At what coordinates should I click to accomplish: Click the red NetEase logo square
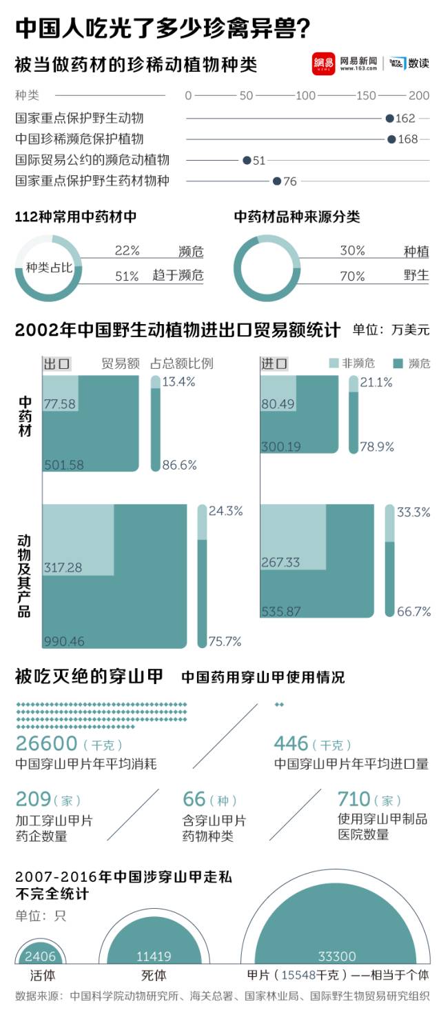[x=323, y=64]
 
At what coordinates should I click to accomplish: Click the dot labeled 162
[x=389, y=119]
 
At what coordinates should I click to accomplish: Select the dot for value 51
[x=246, y=160]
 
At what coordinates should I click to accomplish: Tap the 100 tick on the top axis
[x=305, y=96]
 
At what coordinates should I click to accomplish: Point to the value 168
[x=408, y=139]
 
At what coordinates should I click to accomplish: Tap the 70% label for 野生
[x=352, y=276]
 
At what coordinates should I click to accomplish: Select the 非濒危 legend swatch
[x=335, y=363]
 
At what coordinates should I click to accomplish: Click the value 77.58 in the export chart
[x=59, y=404]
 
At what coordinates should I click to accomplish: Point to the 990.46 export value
[x=63, y=641]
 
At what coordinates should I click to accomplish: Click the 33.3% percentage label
[x=413, y=512]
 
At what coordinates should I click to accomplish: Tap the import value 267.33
[x=280, y=563]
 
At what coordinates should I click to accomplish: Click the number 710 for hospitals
[x=354, y=799]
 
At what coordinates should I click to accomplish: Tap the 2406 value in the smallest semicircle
[x=39, y=956]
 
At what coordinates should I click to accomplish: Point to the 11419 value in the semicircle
[x=154, y=956]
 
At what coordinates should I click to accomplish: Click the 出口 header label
[x=57, y=363]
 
